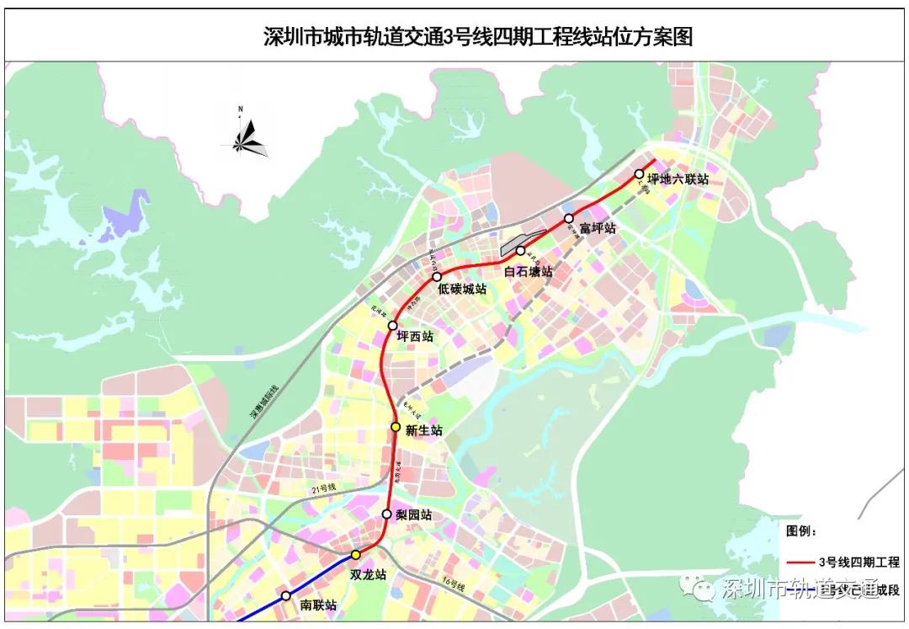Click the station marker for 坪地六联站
[x=639, y=175]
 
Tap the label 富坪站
[x=598, y=228]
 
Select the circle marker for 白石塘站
[x=520, y=251]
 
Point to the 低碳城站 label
[x=462, y=289]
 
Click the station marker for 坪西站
[x=392, y=325]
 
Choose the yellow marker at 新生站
[x=396, y=427]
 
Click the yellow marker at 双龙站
[x=355, y=554]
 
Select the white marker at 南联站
[x=285, y=594]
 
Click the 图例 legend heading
[x=801, y=531]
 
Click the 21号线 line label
[x=323, y=488]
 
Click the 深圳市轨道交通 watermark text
[x=800, y=588]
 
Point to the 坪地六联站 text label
[x=678, y=179]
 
